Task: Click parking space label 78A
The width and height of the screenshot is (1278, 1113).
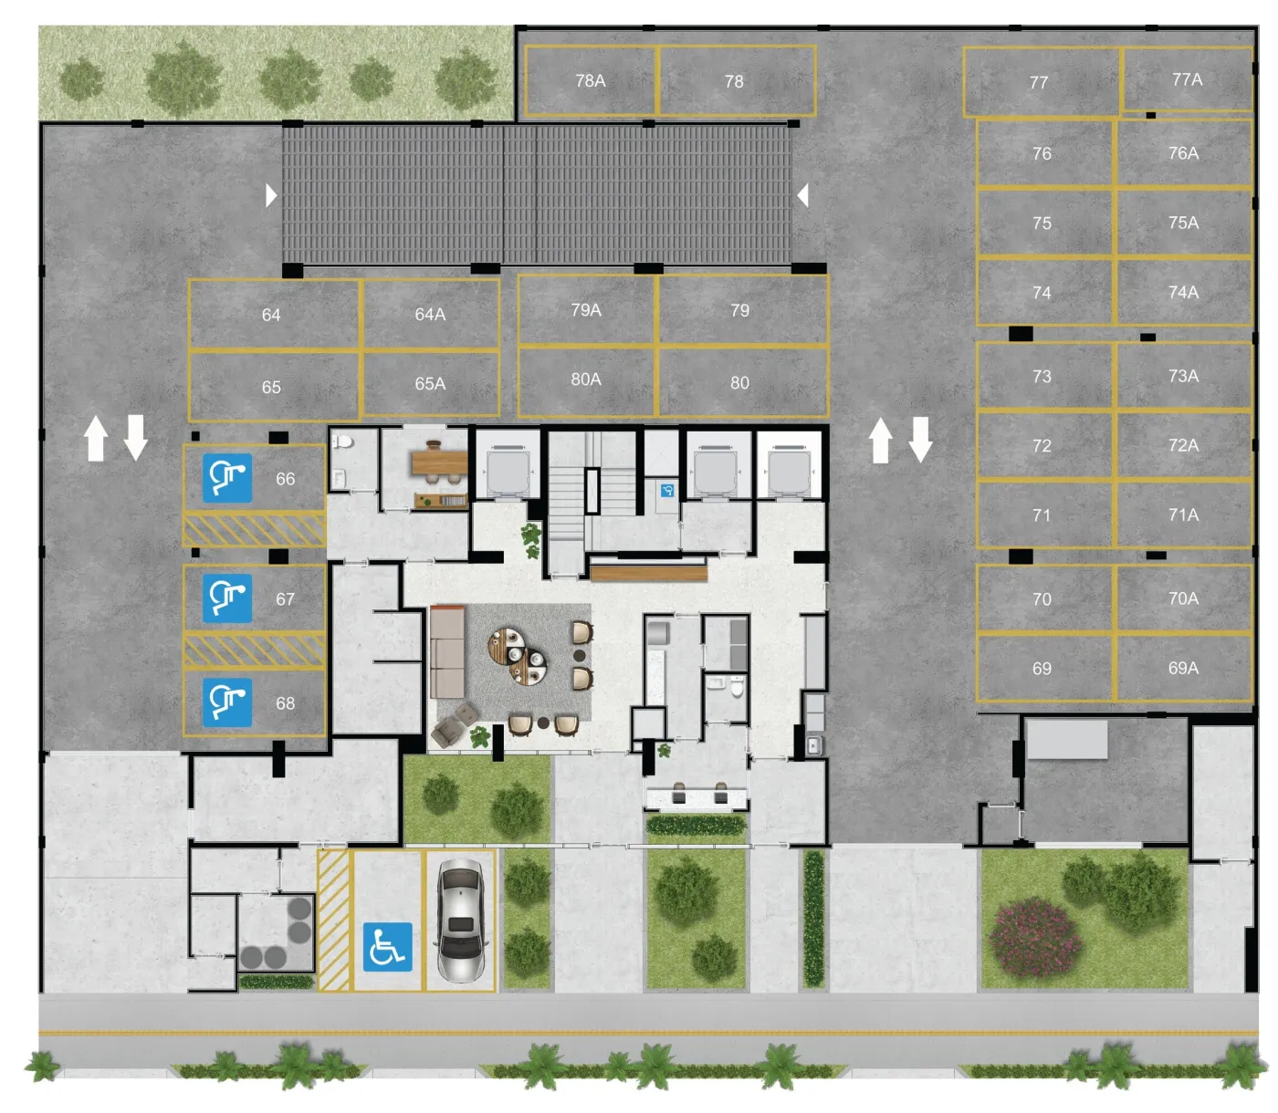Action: click(590, 80)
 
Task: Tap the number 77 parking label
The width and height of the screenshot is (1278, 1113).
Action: click(1038, 82)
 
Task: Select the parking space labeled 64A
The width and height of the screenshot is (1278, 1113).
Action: click(430, 314)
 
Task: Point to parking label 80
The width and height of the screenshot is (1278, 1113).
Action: click(739, 382)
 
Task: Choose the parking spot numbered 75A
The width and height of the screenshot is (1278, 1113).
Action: click(1183, 223)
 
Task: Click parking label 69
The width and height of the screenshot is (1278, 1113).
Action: click(1042, 669)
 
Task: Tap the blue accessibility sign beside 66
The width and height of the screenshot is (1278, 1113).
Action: click(227, 478)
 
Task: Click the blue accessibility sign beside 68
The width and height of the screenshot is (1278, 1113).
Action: click(227, 702)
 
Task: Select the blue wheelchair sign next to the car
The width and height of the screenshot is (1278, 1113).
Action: click(387, 947)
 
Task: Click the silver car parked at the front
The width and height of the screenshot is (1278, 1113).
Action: click(460, 921)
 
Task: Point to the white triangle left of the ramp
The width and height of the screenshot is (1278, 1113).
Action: click(270, 195)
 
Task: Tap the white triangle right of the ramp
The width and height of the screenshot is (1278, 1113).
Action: click(802, 195)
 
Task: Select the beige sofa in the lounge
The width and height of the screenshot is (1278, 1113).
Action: click(446, 651)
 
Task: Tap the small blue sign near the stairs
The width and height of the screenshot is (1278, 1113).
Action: click(666, 491)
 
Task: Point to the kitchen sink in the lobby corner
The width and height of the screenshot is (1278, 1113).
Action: click(813, 745)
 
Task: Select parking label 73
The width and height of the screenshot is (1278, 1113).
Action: click(1042, 377)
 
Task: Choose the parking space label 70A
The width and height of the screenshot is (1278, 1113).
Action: click(1183, 598)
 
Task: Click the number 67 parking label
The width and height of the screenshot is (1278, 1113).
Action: click(285, 599)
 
